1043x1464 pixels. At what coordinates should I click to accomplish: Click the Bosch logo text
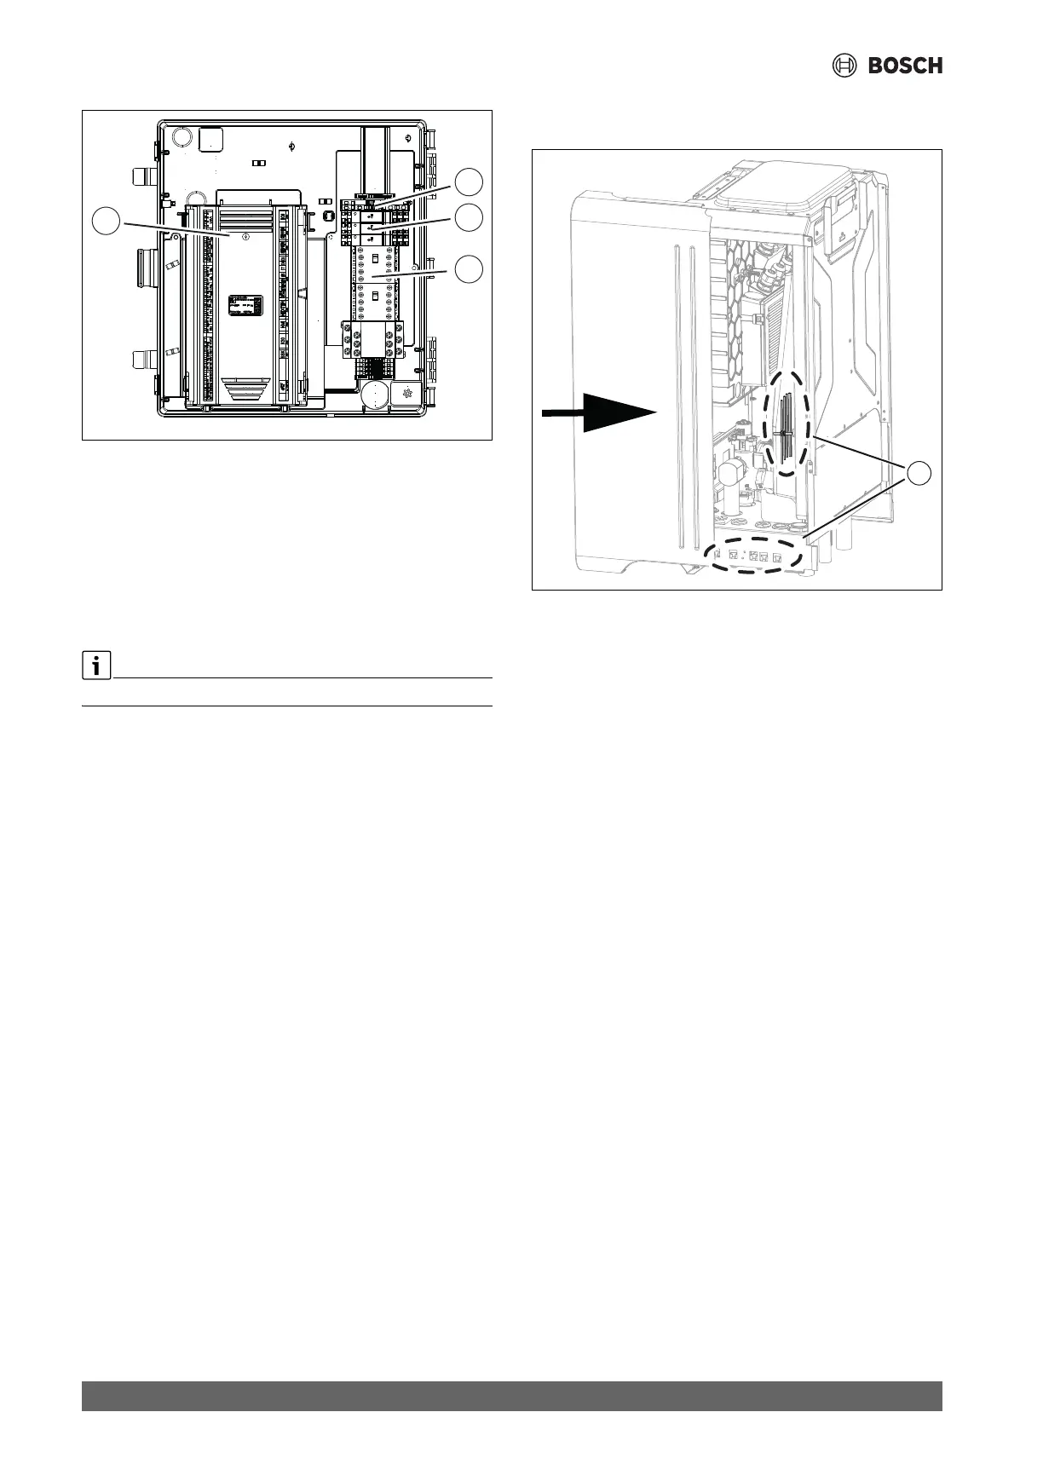[x=905, y=66]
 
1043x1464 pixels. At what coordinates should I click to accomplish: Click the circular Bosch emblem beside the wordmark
[x=844, y=66]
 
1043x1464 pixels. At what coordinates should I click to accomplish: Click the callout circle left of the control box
[x=106, y=222]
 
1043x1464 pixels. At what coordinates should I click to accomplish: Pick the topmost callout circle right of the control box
[x=468, y=182]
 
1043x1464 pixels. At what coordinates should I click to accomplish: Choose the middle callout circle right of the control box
[x=468, y=218]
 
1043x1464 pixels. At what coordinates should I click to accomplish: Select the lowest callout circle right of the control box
[x=468, y=268]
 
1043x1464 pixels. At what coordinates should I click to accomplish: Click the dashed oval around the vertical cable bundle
[x=790, y=423]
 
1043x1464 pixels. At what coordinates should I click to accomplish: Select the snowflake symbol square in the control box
[x=406, y=394]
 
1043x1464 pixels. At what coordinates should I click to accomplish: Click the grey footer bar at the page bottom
[x=511, y=1396]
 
